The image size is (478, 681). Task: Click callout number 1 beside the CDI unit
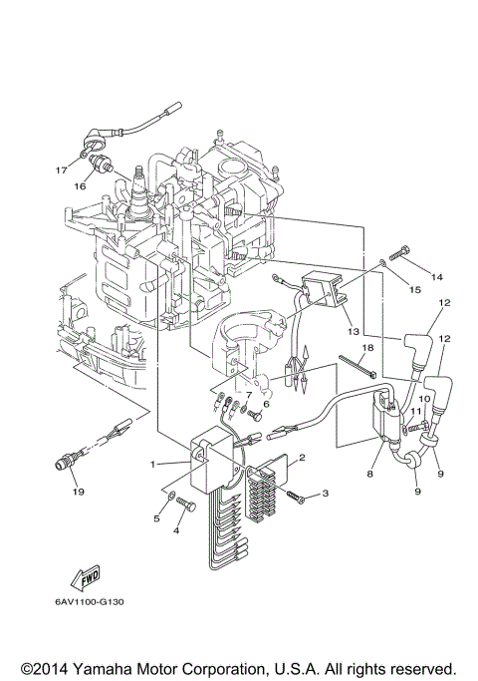pyautogui.click(x=153, y=465)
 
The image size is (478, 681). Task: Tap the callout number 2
pyautogui.click(x=302, y=458)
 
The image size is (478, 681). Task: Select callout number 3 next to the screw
pyautogui.click(x=324, y=494)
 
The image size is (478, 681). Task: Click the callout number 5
pyautogui.click(x=156, y=517)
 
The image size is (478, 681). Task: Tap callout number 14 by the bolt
pyautogui.click(x=435, y=274)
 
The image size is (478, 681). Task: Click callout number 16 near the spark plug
pyautogui.click(x=79, y=185)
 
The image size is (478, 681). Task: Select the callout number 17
pyautogui.click(x=61, y=170)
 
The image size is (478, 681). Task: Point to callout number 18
pyautogui.click(x=367, y=347)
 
